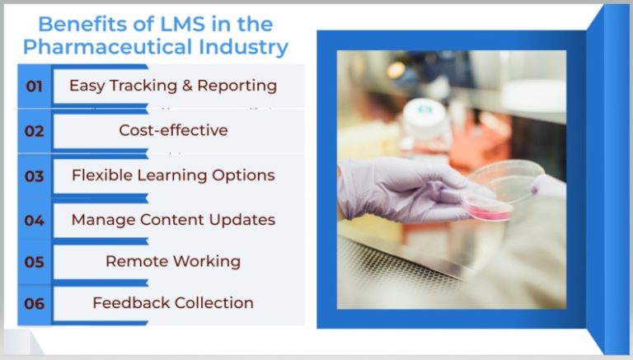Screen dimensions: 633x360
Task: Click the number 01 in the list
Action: click(x=35, y=86)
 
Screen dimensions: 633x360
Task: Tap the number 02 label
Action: click(x=35, y=131)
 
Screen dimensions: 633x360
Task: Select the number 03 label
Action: click(x=35, y=176)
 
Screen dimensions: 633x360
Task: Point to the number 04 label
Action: click(x=35, y=220)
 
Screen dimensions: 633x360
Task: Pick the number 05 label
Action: click(x=35, y=262)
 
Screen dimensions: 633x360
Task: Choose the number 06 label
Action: click(x=35, y=303)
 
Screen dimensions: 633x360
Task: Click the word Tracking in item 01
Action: click(x=143, y=86)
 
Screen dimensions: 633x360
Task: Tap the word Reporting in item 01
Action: click(x=237, y=86)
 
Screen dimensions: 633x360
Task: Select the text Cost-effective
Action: click(x=173, y=130)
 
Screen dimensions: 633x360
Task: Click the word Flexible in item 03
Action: click(x=102, y=175)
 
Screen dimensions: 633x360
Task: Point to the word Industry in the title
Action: click(x=243, y=47)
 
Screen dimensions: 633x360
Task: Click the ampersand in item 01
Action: click(x=187, y=86)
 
